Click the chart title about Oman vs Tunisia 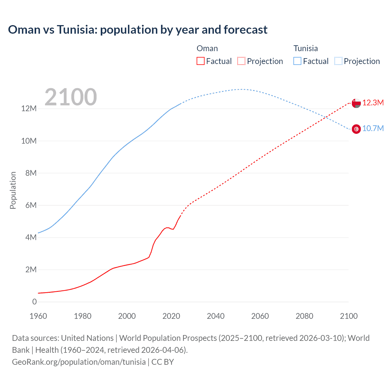pos(138,30)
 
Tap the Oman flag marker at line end pos(356,103)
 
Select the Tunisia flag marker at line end pos(356,129)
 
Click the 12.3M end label pos(373,103)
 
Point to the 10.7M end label pos(373,129)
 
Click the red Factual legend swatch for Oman pos(200,61)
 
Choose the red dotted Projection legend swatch pos(241,61)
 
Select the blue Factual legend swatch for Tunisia pos(297,61)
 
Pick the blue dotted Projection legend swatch pos(338,61)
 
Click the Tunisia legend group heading pos(305,48)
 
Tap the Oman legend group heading pos(207,48)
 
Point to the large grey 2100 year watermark pos(71,97)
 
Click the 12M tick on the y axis pos(29,109)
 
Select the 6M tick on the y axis pos(31,205)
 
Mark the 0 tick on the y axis pos(34,302)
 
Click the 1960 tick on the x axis pos(38,316)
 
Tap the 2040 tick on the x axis pos(216,316)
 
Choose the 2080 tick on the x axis pos(304,316)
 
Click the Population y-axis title pos(13,190)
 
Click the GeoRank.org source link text pos(79,362)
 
